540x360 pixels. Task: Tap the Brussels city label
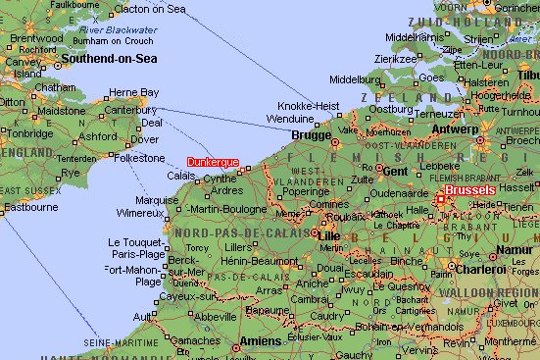coord(468,189)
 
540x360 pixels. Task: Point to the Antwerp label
coord(453,129)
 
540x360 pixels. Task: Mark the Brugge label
coord(312,136)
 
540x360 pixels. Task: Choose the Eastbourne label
coord(30,207)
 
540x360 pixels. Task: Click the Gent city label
coord(395,170)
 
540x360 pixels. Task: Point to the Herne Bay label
coord(133,92)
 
